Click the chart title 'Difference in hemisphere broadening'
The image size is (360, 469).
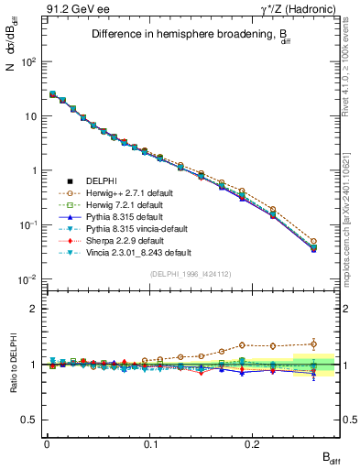click(x=180, y=35)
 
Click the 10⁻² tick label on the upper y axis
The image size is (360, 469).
click(x=27, y=278)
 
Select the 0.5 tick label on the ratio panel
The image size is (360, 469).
click(x=30, y=420)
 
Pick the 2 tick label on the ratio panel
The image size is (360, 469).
click(x=35, y=309)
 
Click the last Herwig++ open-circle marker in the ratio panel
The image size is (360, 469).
click(x=314, y=344)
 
